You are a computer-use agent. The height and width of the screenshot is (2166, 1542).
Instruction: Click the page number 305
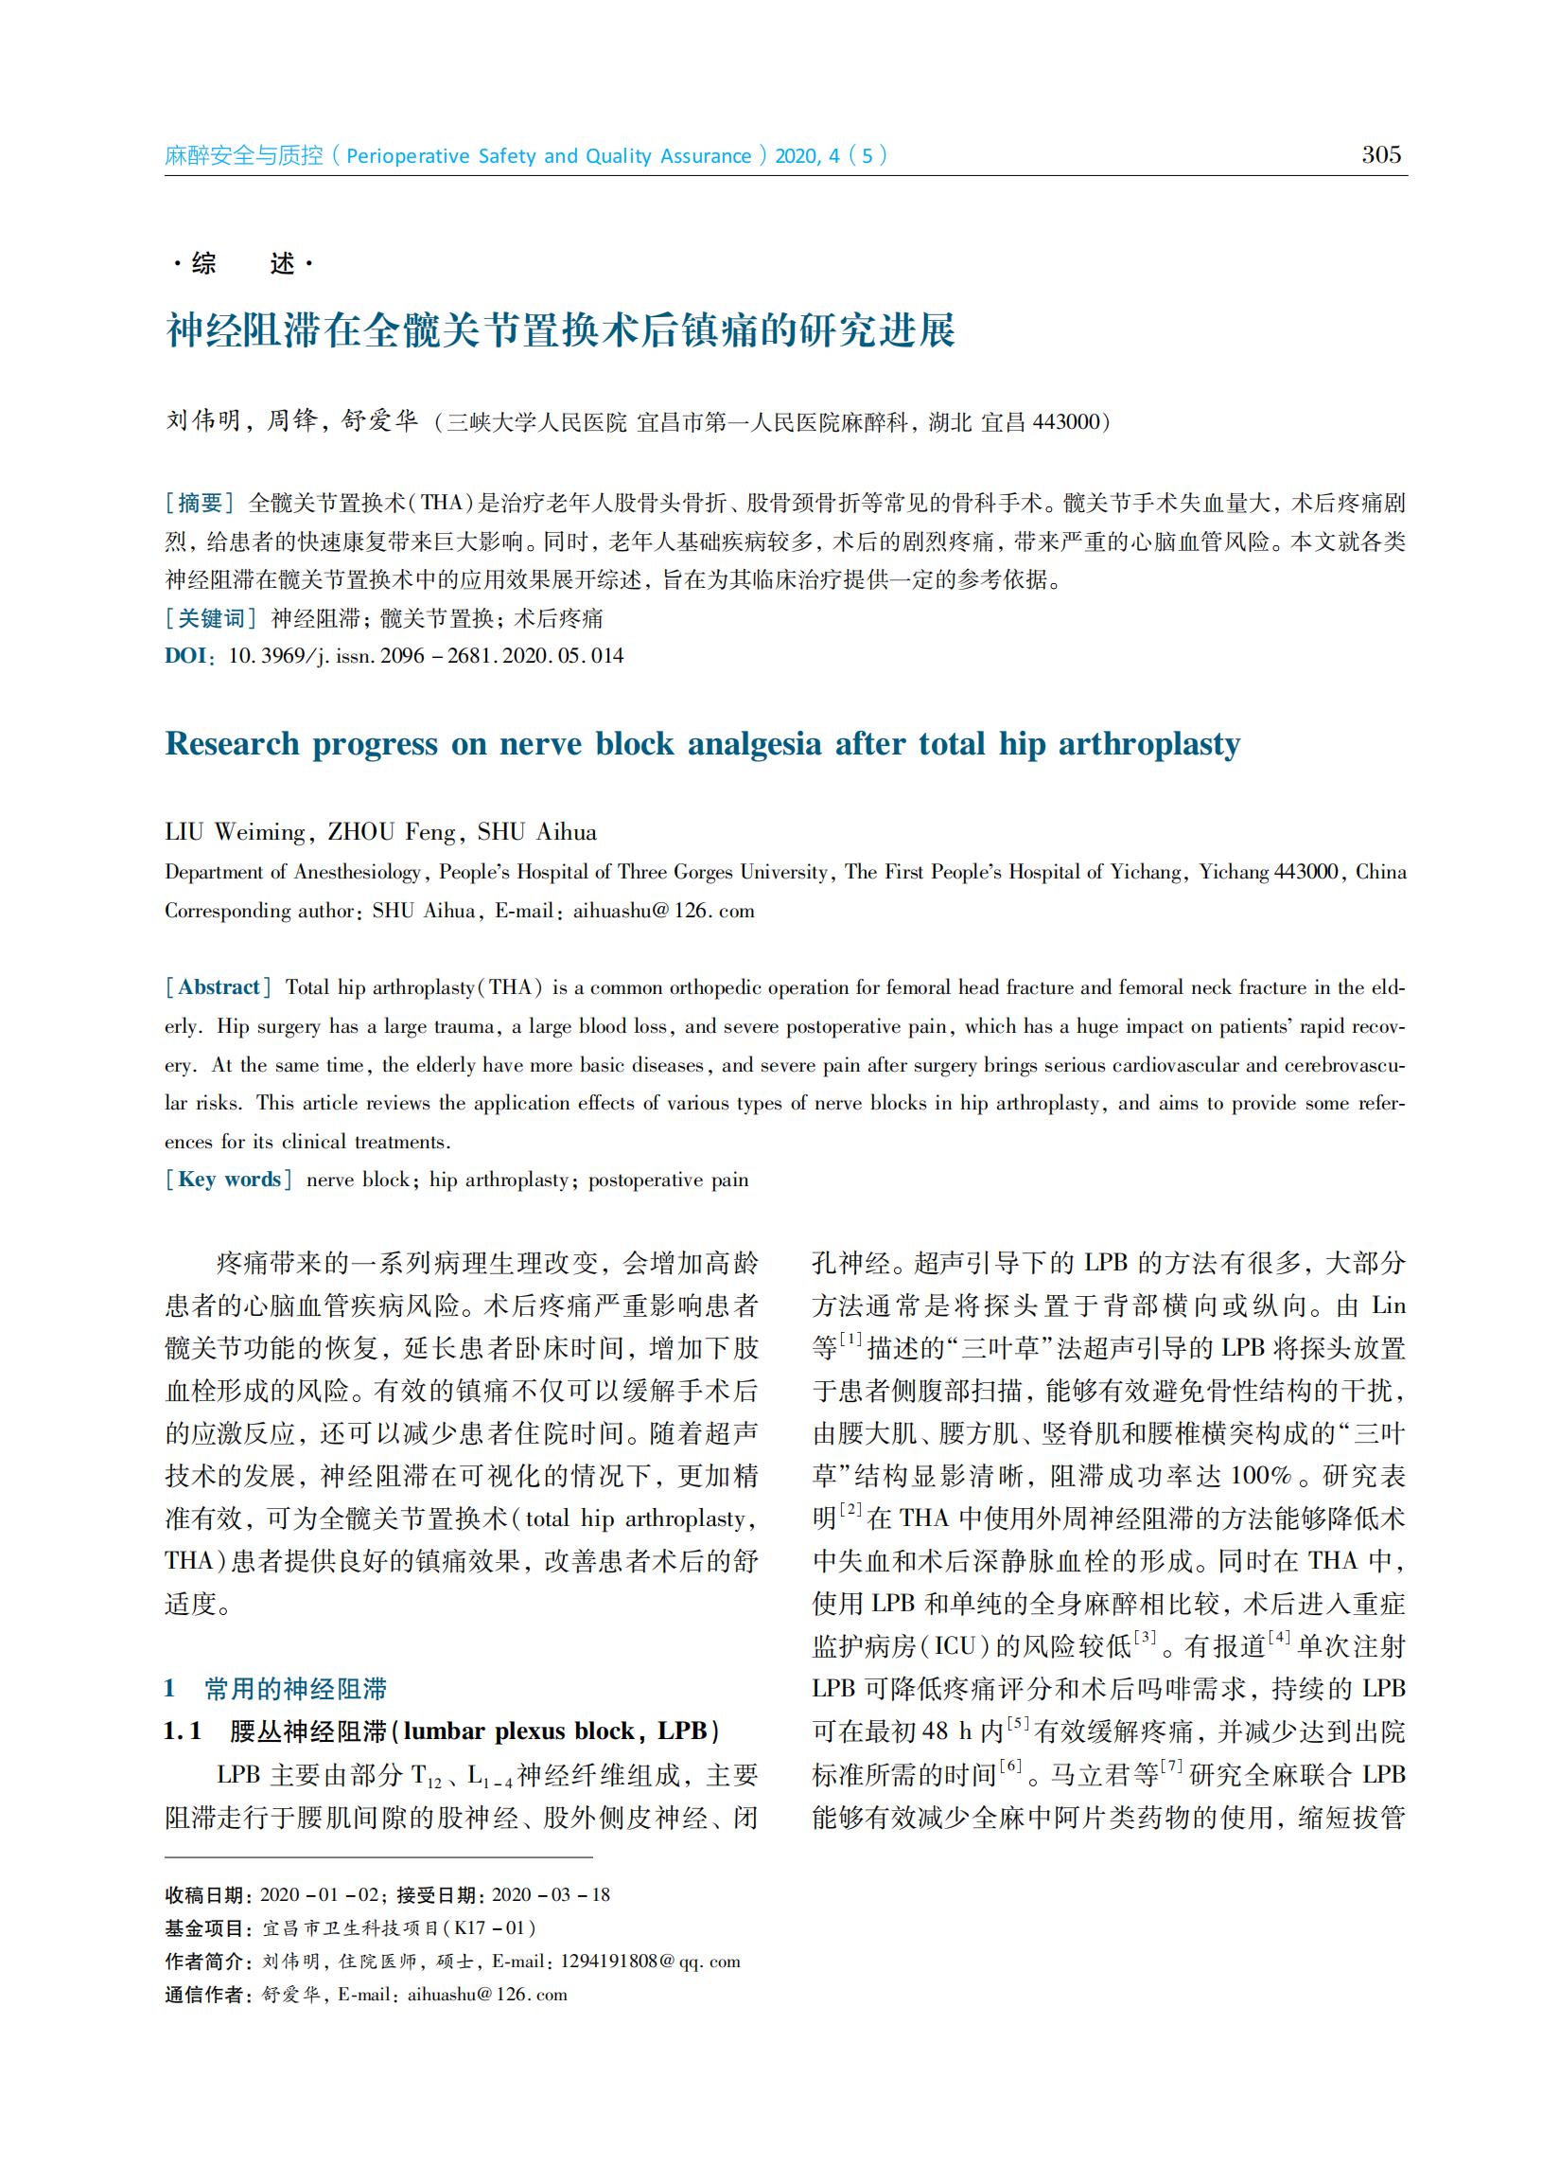[1380, 155]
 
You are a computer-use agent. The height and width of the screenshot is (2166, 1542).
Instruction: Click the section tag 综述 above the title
[243, 263]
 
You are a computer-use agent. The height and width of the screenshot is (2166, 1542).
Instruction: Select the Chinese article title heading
[560, 330]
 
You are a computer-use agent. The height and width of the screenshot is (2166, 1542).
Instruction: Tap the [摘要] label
[200, 503]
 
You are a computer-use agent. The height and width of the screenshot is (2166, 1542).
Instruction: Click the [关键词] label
[211, 618]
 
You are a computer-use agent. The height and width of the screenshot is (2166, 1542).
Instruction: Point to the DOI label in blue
[186, 655]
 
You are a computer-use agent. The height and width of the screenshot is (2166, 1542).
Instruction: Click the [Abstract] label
[219, 987]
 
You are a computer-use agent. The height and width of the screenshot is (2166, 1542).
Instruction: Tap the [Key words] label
[229, 1180]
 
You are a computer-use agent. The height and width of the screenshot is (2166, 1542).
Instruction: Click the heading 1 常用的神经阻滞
[275, 1689]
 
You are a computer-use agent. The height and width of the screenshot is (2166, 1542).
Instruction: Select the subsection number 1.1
[183, 1731]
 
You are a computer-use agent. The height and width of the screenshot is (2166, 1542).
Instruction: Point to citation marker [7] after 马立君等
[1172, 1767]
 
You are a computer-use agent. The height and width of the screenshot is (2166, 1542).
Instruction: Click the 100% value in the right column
[1262, 1476]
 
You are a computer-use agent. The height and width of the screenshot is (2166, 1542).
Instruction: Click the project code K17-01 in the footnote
[495, 1928]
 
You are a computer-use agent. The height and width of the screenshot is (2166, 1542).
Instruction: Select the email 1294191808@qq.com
[650, 1962]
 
